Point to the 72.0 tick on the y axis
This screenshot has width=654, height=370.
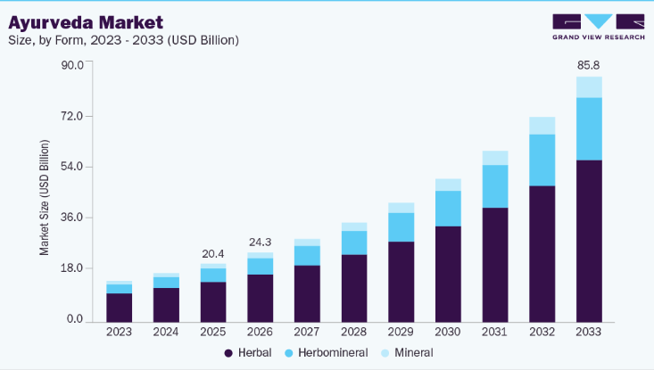(70, 116)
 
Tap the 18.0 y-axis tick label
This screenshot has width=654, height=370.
(70, 268)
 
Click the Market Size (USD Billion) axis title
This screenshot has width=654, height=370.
(45, 198)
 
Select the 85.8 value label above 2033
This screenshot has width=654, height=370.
(588, 65)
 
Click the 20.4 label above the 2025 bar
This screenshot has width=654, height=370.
(213, 252)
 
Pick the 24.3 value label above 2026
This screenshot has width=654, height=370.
(260, 242)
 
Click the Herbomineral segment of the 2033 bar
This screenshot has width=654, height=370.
(588, 128)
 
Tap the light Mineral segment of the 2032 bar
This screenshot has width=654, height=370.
(542, 126)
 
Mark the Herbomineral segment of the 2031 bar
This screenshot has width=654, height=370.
(494, 186)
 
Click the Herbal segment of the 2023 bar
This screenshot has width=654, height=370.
(119, 306)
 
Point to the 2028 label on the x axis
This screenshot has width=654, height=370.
(353, 332)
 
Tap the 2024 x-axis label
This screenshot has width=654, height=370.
(166, 332)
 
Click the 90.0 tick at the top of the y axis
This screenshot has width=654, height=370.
(70, 65)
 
